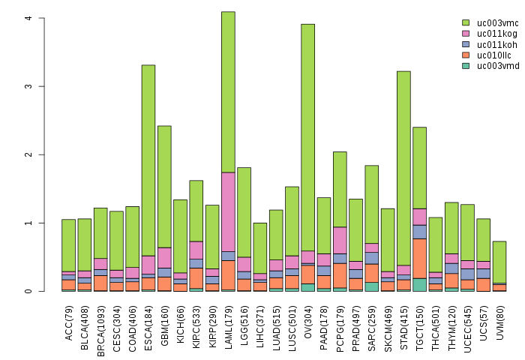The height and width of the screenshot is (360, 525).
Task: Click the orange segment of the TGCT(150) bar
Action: (419, 258)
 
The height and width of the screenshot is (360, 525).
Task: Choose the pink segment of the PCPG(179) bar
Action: (340, 240)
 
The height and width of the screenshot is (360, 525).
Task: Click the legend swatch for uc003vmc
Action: (466, 23)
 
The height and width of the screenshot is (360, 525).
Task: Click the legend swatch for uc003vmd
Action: (466, 65)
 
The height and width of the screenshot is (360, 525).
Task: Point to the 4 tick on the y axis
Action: (27, 18)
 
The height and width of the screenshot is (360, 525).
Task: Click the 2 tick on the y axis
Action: (27, 154)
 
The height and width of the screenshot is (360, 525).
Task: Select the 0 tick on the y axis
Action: (27, 291)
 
